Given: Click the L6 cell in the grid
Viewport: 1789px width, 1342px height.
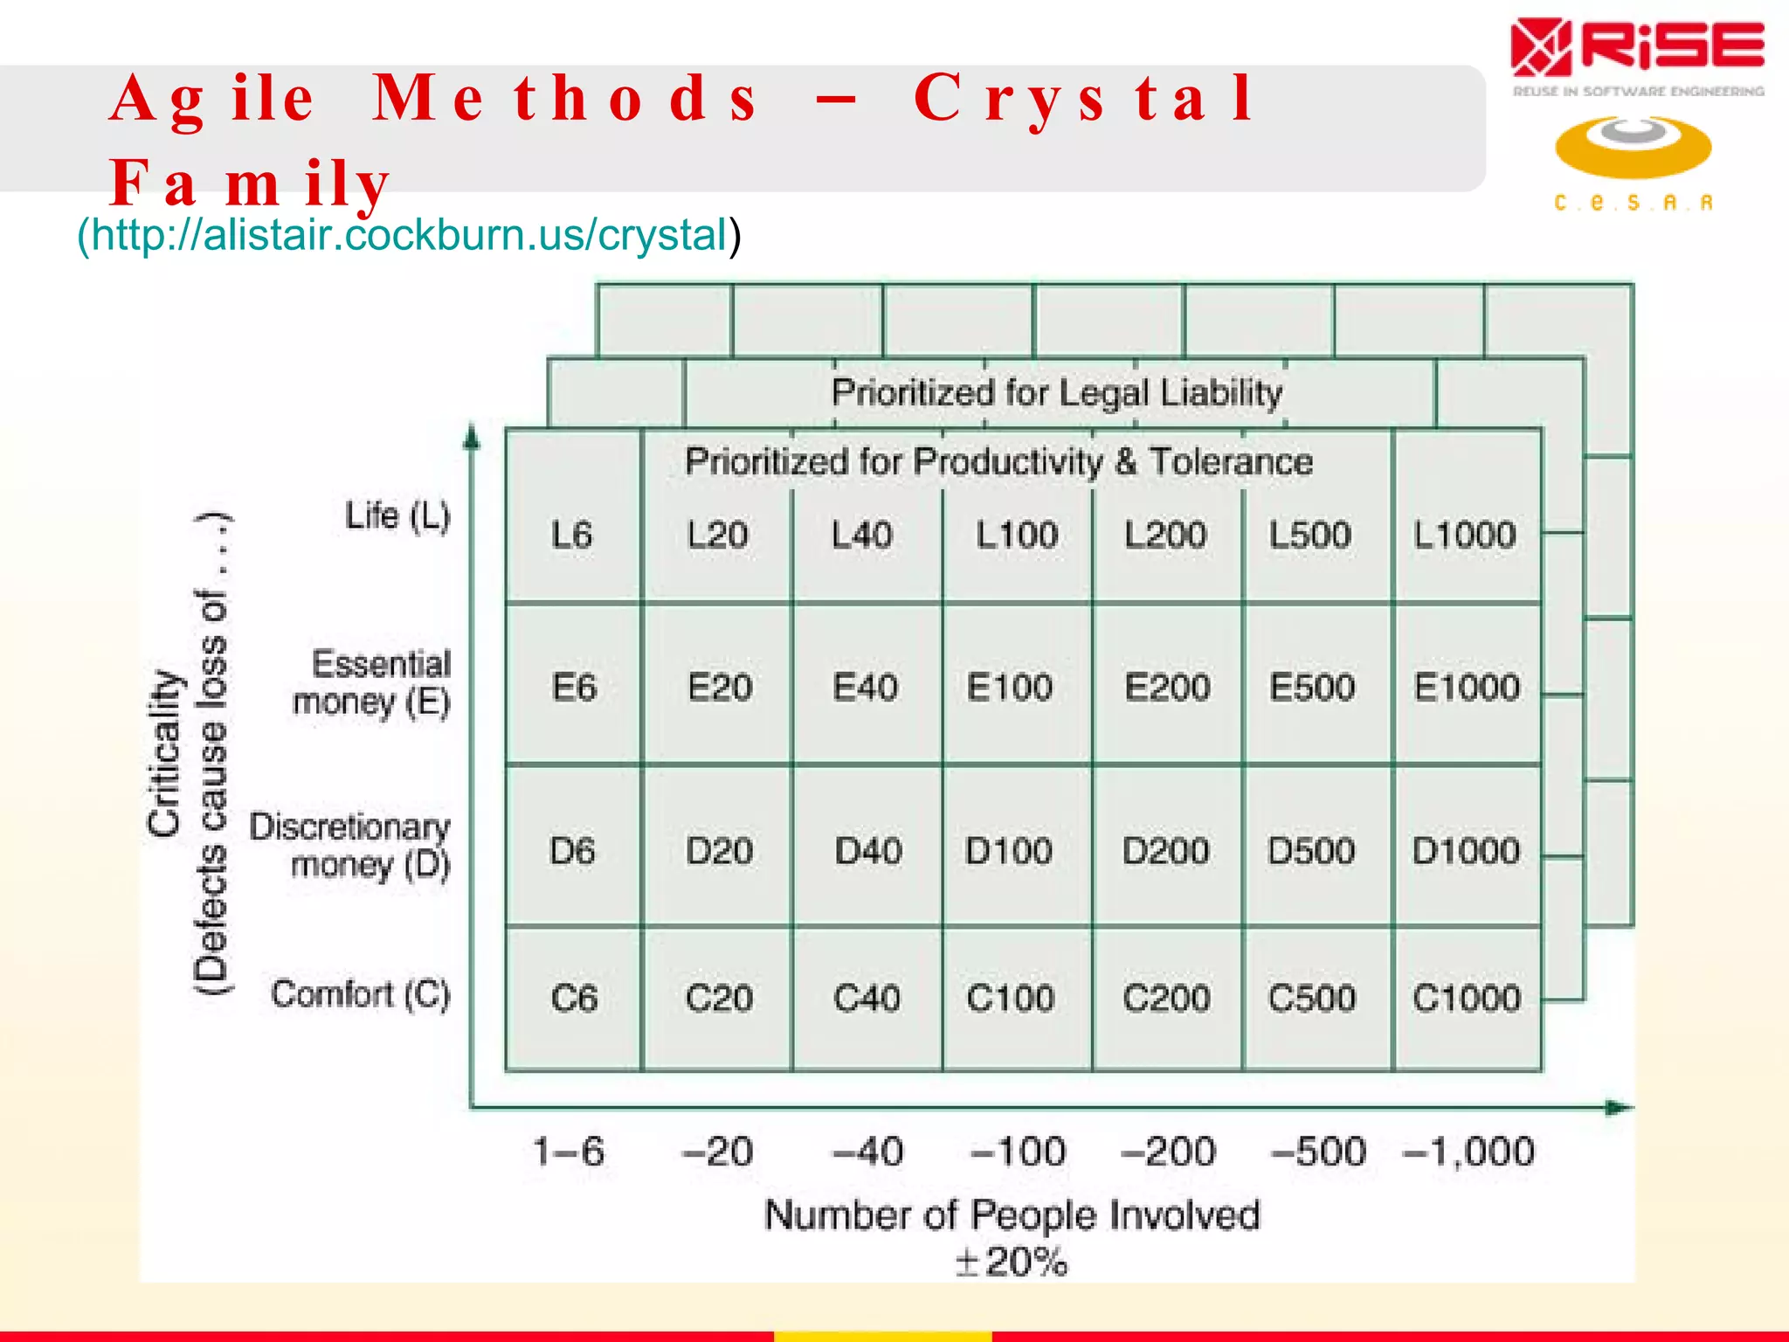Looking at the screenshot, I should coord(572,534).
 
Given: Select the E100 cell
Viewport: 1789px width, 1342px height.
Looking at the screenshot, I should coord(1010,687).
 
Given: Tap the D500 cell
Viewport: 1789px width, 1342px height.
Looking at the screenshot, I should coord(1311,850).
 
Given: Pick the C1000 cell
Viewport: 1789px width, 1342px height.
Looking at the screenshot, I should coord(1467,998).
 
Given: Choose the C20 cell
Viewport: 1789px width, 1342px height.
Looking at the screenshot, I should coord(718,998).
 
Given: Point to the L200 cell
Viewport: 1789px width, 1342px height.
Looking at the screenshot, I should coord(1165,534).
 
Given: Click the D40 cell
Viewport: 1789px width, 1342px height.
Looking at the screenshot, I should coord(867,850).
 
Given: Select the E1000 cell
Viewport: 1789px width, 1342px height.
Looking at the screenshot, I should coord(1467,687).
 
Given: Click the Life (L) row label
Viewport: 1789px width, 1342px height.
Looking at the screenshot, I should coord(397,515).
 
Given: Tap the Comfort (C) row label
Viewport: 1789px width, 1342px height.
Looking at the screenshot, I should coord(360,994).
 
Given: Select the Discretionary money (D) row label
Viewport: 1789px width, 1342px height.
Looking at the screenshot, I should coord(349,845).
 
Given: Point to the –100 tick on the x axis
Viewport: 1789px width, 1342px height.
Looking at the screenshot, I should coord(1019,1152).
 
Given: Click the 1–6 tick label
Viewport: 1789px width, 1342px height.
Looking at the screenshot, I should coord(569,1152).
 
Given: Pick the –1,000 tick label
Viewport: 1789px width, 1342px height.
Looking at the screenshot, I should coord(1468,1152).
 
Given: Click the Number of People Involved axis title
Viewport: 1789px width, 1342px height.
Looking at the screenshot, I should coord(1012,1215).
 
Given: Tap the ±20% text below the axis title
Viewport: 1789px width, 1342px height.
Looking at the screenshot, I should coord(1012,1262).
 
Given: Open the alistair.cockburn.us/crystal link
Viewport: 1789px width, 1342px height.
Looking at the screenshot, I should coord(409,234).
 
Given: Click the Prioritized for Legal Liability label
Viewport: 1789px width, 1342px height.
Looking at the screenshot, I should coord(1057,392).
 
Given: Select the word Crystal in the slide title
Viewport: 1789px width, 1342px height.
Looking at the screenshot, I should coord(1084,98).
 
